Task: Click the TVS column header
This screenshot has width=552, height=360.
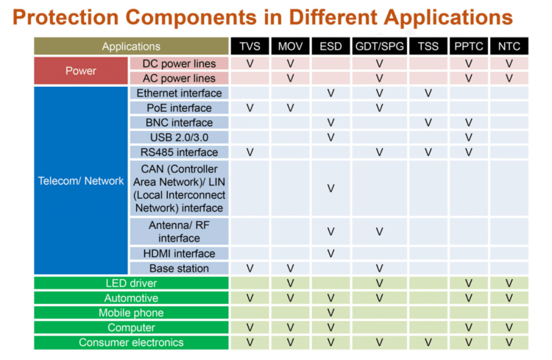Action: click(250, 46)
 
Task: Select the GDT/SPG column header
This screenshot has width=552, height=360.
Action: click(379, 46)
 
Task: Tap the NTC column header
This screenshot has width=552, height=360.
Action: click(509, 46)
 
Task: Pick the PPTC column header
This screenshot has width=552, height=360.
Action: click(468, 46)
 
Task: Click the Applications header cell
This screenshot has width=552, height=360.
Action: click(131, 46)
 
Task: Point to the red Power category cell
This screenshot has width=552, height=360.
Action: click(81, 71)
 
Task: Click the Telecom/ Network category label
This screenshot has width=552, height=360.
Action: click(81, 180)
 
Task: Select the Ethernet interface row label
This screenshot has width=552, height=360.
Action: click(179, 93)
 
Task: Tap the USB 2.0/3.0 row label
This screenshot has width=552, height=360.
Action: click(179, 138)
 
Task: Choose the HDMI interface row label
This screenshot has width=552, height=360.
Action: click(179, 253)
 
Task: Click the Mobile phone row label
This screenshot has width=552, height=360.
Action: click(131, 313)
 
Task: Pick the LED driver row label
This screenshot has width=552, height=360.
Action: click(131, 283)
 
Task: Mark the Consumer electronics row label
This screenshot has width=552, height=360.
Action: click(131, 342)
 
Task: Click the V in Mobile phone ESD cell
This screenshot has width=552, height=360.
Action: click(330, 313)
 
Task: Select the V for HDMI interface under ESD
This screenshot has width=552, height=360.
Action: click(330, 253)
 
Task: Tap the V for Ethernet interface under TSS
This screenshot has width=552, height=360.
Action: click(428, 93)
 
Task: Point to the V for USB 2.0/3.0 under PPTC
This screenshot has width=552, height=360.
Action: click(468, 138)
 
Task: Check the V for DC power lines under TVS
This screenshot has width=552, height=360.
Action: click(250, 64)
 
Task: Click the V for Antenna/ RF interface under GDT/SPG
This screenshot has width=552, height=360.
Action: click(379, 231)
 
